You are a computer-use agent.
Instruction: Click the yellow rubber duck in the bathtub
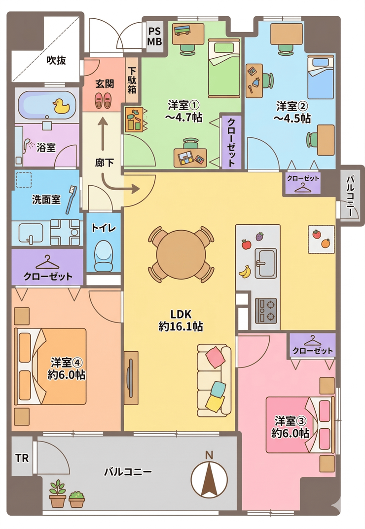point(61,106)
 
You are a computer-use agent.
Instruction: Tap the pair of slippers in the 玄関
point(103,101)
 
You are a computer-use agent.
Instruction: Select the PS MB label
point(155,37)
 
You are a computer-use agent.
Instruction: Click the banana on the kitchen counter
point(245,271)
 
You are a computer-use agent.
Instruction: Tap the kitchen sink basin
point(265,263)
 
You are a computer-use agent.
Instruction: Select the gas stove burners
point(266,310)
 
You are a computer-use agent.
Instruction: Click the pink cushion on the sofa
point(215,358)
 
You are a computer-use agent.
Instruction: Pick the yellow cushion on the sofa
point(215,403)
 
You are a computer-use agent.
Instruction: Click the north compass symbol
point(209,479)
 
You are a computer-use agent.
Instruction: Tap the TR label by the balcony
point(22,458)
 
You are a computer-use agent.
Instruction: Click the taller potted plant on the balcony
point(58,493)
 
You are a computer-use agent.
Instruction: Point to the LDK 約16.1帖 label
point(181,320)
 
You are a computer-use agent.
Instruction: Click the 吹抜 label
point(56,60)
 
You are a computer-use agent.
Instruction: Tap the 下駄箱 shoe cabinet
point(132,81)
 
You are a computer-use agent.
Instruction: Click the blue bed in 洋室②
point(321,77)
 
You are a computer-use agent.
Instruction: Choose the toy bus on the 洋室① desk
point(182,30)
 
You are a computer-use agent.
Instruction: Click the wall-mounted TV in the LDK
point(131,378)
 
